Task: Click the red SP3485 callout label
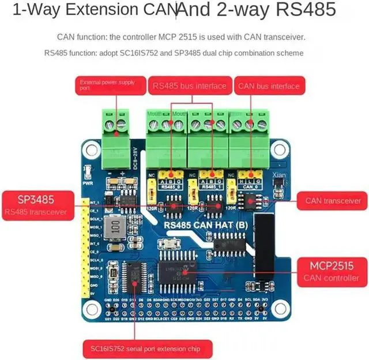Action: [x=36, y=205]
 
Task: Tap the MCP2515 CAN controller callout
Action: [x=332, y=271]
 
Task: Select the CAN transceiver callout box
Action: [x=333, y=201]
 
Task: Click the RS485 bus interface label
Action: [x=189, y=86]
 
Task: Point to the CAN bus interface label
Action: [x=268, y=86]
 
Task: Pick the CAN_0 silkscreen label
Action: [x=248, y=187]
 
